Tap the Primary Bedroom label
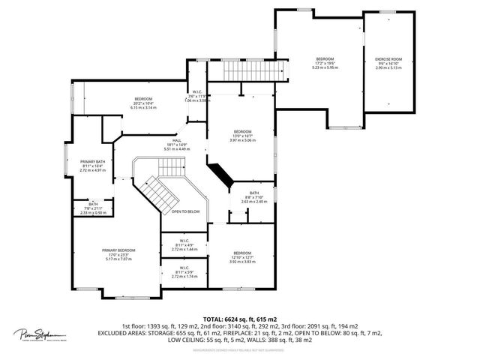pyautogui.click(x=118, y=250)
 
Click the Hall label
pyautogui.click(x=177, y=140)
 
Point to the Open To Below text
pyautogui.click(x=184, y=211)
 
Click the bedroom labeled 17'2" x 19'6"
pyautogui.click(x=324, y=58)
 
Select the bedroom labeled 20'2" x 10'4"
pyautogui.click(x=143, y=99)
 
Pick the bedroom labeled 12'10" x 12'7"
pyautogui.click(x=242, y=253)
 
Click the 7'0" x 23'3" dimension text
pyautogui.click(x=118, y=254)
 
